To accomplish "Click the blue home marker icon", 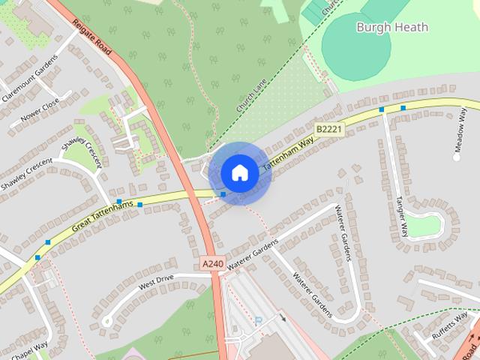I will pyautogui.click(x=240, y=173).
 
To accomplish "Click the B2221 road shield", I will pyautogui.click(x=329, y=129).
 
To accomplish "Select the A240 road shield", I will pyautogui.click(x=213, y=264).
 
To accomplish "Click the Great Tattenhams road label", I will pyautogui.click(x=102, y=214).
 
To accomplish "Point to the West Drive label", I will pyautogui.click(x=156, y=282).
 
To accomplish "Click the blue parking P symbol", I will pyautogui.click(x=259, y=321).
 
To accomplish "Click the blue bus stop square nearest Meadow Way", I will pyautogui.click(x=403, y=108).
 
